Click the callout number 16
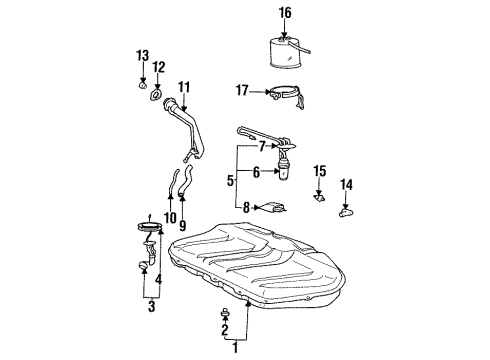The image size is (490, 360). [286, 12]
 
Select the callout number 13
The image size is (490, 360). [142, 54]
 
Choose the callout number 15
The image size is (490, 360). [319, 171]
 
